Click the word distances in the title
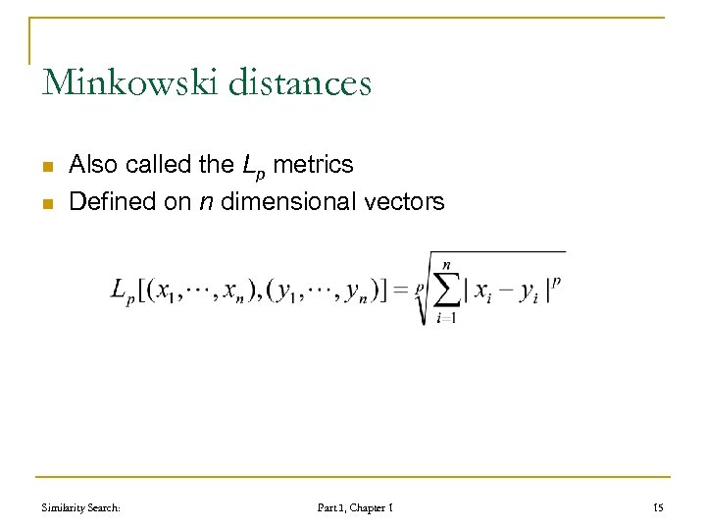[x=299, y=82]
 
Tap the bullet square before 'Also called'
[x=46, y=167]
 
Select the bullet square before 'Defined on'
[x=46, y=204]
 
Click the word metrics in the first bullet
[x=313, y=165]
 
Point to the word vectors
[x=404, y=202]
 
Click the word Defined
[x=110, y=202]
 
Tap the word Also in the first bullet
[x=93, y=165]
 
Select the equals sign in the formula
[x=402, y=291]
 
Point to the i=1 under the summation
[x=447, y=318]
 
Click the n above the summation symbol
[x=447, y=264]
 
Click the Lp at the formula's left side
[x=123, y=292]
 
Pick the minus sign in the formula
[x=507, y=291]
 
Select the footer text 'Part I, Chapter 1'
[x=355, y=507]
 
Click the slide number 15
[x=658, y=507]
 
